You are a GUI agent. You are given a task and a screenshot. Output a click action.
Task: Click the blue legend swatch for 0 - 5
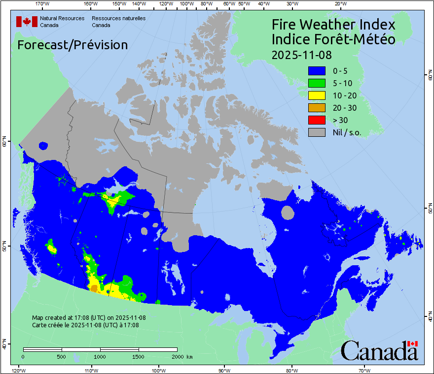pos(317,71)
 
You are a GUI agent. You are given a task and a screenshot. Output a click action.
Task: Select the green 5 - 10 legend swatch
pos(317,83)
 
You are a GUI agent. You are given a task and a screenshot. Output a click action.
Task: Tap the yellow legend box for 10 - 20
pos(317,95)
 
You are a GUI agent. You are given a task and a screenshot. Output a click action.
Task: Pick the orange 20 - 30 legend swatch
pos(317,108)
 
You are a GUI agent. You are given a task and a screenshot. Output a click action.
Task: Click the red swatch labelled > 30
pos(317,120)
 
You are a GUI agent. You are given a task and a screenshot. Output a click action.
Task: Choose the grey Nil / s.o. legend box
pos(317,132)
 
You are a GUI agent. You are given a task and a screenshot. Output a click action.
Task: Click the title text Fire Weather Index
pos(333,25)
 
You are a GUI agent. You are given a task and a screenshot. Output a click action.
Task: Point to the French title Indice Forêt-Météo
pos(333,39)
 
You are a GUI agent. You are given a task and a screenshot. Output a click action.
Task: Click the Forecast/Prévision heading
pos(72,45)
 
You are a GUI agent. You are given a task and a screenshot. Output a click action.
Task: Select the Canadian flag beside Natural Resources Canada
pos(27,21)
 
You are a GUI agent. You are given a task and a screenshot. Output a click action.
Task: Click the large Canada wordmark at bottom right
pos(379,351)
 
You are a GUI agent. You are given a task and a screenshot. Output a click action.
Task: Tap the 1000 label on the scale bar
pos(100,356)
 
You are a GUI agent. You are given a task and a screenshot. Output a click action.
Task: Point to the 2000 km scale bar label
pos(181,356)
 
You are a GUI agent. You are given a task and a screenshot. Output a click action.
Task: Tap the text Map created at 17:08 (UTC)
pos(89,318)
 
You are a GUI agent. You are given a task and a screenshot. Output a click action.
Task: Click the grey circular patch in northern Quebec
pos(287,213)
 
